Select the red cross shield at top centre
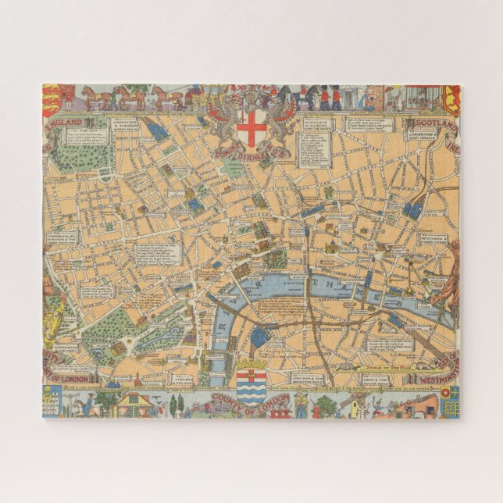tap(251, 127)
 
